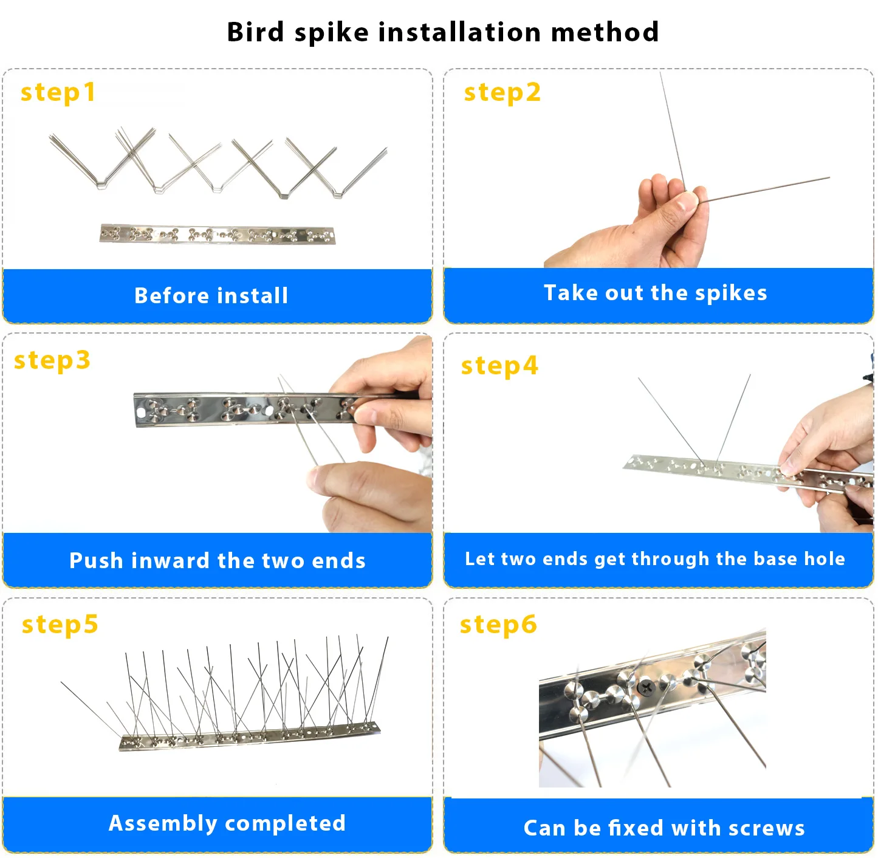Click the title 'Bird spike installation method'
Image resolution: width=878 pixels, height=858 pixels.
[442, 32]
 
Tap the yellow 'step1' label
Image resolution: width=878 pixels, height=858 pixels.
[58, 93]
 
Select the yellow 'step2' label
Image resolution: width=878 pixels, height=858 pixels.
[502, 93]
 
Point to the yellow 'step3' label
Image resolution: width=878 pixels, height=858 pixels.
[52, 360]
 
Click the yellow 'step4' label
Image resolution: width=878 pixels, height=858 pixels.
[499, 366]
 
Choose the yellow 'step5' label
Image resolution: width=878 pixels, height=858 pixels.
[60, 625]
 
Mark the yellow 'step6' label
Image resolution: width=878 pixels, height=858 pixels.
[498, 625]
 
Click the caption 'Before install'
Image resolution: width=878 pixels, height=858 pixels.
[211, 296]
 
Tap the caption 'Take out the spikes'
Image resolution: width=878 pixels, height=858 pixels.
[655, 293]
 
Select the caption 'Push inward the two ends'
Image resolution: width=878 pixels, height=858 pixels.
[218, 560]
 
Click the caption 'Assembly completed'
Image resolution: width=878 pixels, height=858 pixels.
[227, 823]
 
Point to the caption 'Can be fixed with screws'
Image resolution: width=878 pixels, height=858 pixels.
[664, 828]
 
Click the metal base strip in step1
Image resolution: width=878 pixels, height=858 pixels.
[218, 234]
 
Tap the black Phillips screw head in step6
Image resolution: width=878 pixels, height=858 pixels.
[645, 687]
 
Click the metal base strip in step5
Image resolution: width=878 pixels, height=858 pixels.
[249, 736]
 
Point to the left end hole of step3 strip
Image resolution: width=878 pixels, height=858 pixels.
[142, 412]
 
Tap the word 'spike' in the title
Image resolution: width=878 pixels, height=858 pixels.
[331, 32]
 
